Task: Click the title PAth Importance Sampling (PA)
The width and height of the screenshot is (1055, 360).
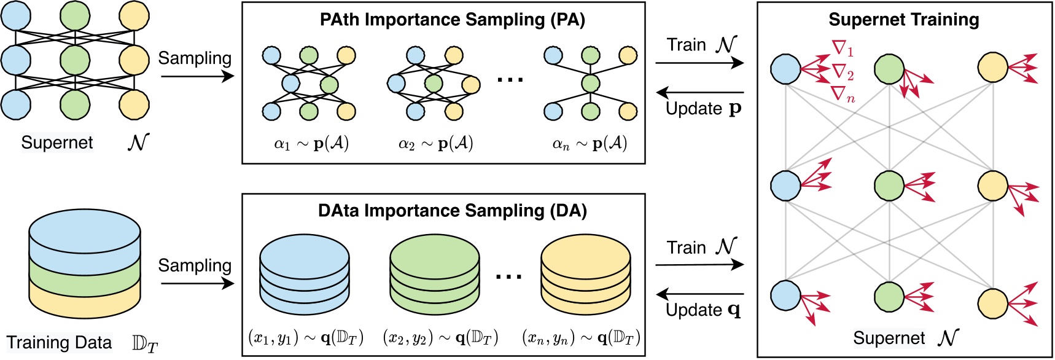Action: [452, 20]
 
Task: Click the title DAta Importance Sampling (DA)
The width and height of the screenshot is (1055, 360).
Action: [452, 211]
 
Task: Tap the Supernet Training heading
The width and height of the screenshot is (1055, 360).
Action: [903, 20]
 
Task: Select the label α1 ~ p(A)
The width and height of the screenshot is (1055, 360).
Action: [311, 144]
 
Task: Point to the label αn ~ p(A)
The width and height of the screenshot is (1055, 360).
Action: [590, 144]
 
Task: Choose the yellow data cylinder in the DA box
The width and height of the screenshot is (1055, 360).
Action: [585, 274]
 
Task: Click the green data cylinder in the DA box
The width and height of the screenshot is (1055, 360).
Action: [435, 274]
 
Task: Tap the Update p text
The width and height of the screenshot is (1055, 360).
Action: [704, 109]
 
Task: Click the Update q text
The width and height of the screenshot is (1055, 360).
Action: [703, 310]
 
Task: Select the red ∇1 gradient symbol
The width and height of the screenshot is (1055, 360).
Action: [843, 48]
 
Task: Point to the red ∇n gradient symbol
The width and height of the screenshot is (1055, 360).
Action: [843, 95]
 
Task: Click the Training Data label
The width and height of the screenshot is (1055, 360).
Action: [60, 343]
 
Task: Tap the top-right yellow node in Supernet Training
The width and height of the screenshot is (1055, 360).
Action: [992, 68]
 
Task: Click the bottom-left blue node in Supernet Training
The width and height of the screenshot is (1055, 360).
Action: [785, 295]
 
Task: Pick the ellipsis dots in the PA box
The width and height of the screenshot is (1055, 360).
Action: [510, 80]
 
